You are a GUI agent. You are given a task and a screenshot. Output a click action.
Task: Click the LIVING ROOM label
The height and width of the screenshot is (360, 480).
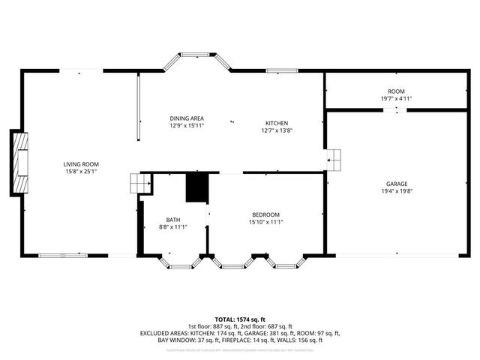click(80, 164)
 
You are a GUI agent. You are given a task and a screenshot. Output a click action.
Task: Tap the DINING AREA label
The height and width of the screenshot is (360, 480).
click(186, 118)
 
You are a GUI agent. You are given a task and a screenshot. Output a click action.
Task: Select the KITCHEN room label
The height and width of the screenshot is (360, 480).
click(277, 123)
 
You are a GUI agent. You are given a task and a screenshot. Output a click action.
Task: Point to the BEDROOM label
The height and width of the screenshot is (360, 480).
click(265, 213)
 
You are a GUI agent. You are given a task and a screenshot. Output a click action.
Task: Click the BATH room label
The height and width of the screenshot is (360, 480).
click(173, 219)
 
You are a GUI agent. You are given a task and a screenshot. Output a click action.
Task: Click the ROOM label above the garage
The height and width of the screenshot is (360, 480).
click(396, 91)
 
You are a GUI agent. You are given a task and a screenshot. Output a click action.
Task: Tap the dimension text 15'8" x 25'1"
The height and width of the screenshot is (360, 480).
click(80, 172)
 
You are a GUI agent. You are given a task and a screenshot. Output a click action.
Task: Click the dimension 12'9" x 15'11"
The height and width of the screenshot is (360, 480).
click(186, 126)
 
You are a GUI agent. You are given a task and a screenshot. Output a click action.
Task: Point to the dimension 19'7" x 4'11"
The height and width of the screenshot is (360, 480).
click(396, 98)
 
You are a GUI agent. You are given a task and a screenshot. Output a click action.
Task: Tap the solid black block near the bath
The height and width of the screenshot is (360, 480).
click(196, 187)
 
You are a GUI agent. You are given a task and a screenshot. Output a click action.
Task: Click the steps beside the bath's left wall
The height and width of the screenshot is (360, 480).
click(136, 183)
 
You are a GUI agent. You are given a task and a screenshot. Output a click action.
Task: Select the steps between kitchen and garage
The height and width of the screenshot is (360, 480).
click(334, 158)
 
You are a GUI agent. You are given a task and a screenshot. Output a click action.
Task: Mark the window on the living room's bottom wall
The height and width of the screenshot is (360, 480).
click(64, 256)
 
